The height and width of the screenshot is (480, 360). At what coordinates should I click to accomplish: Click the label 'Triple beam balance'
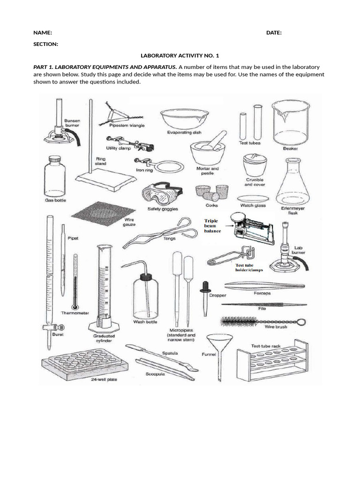[212, 225]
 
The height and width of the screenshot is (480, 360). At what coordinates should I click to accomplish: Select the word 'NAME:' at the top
[42, 33]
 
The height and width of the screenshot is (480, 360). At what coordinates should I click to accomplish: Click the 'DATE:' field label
[274, 33]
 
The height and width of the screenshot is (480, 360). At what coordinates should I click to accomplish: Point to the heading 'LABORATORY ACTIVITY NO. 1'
[180, 55]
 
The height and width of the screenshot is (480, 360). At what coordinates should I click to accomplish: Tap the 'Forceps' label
[262, 293]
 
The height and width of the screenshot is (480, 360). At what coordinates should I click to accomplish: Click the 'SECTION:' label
[46, 44]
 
